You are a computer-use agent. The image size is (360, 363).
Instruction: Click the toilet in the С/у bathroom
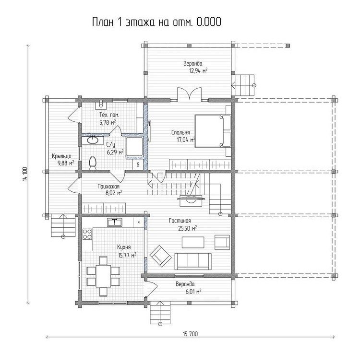(x=93, y=163)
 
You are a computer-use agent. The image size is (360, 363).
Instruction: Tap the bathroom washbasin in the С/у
(x=93, y=140)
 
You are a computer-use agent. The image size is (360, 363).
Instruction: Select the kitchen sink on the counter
(x=115, y=222)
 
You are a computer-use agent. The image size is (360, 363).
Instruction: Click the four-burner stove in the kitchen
(x=87, y=234)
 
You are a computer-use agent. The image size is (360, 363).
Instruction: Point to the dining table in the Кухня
(x=103, y=276)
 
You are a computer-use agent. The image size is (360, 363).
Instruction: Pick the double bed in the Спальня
(x=213, y=131)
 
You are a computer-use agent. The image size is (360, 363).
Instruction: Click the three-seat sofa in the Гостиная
(x=193, y=261)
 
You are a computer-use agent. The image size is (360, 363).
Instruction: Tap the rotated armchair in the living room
(x=160, y=256)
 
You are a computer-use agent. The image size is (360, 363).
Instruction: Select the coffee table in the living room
(x=193, y=242)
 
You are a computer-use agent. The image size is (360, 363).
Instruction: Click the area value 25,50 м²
(x=187, y=229)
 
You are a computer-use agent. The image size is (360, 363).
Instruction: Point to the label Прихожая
(x=108, y=187)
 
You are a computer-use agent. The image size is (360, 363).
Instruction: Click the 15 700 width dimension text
(x=191, y=334)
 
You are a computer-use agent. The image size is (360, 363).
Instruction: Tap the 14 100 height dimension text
(x=25, y=174)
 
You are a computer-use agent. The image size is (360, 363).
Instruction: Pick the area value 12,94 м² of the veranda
(x=198, y=70)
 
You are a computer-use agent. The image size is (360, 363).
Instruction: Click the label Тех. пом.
(x=109, y=115)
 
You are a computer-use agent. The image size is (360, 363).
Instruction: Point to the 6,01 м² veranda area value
(x=193, y=292)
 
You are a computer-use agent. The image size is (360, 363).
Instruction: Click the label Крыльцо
(x=61, y=156)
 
